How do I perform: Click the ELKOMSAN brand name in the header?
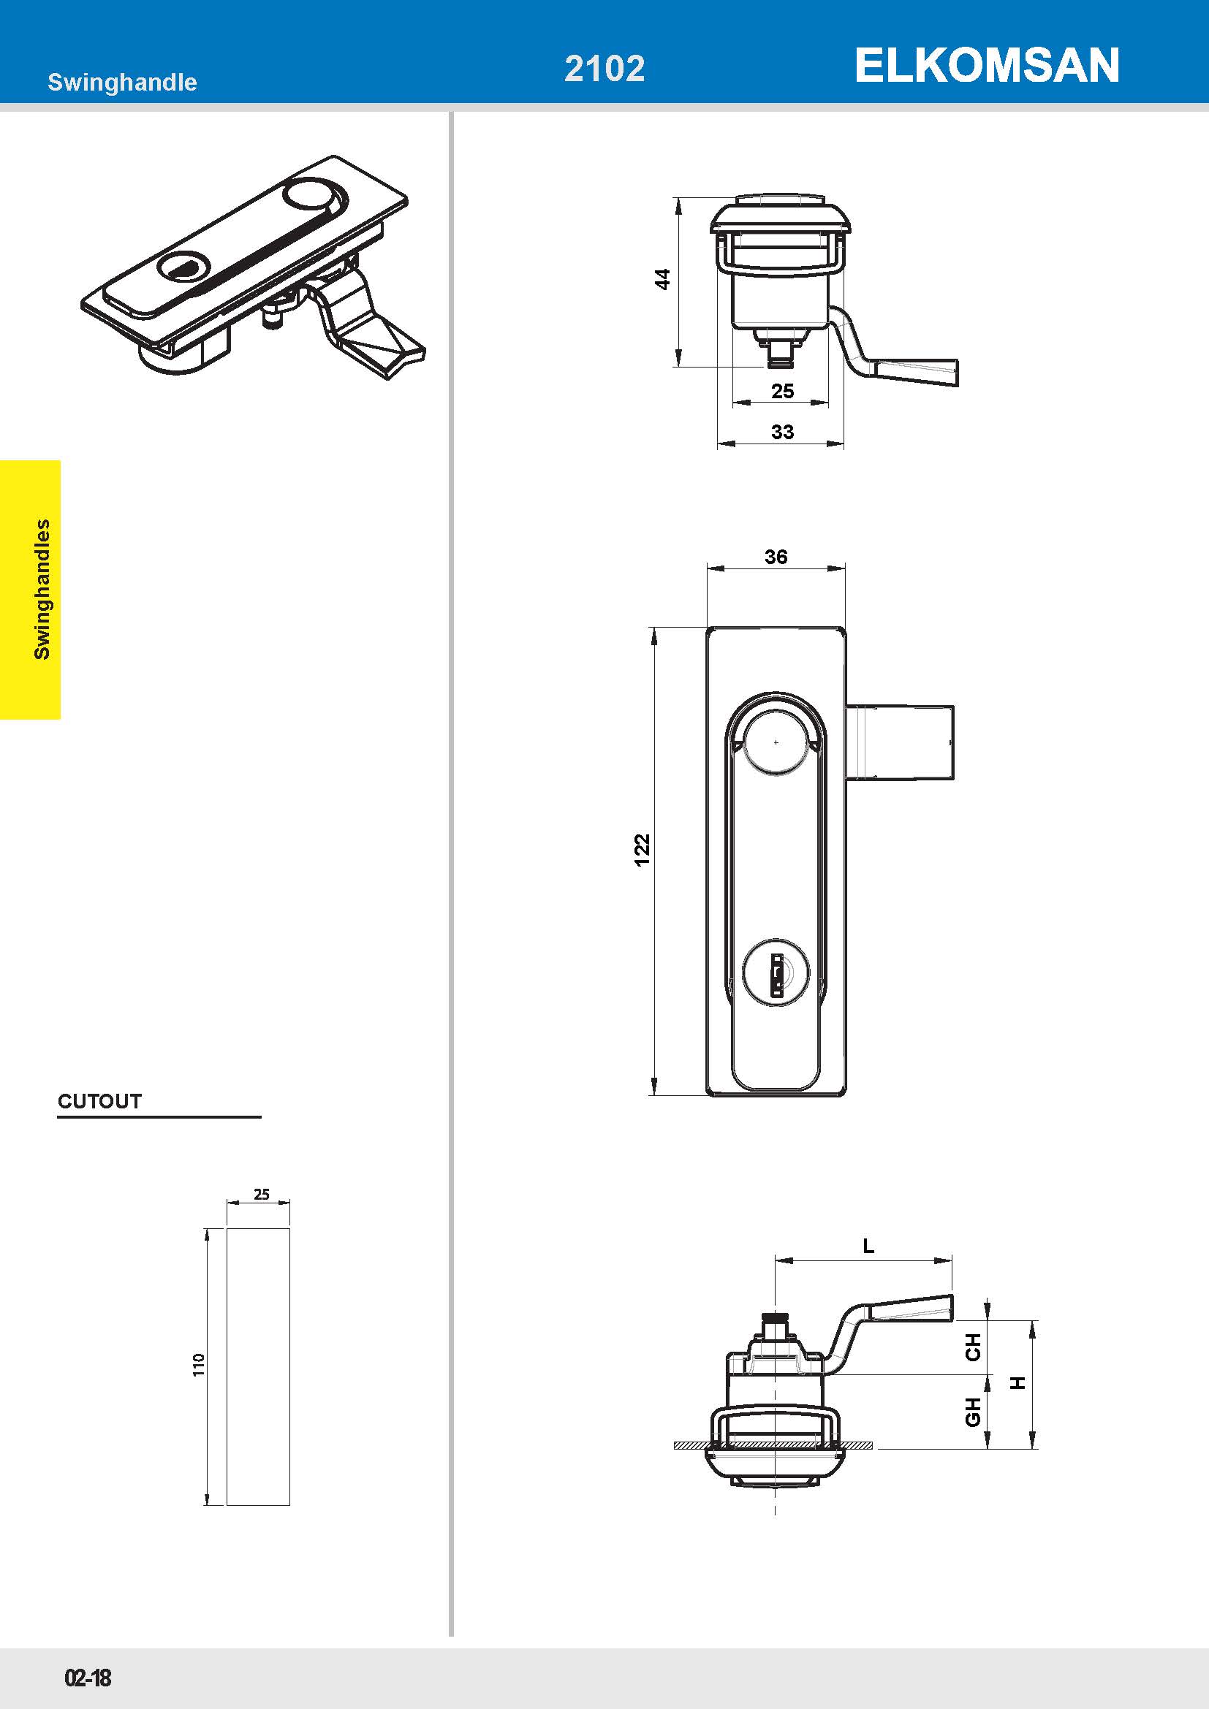[x=986, y=66]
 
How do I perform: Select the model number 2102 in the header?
[x=604, y=69]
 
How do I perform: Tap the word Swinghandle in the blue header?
[x=122, y=82]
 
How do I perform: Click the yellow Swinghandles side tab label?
[x=42, y=589]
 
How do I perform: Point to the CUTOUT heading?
[x=99, y=1101]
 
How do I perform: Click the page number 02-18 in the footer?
[x=88, y=1678]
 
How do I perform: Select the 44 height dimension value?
[x=662, y=279]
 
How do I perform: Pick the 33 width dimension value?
[x=781, y=432]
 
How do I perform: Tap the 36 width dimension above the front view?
[x=776, y=556]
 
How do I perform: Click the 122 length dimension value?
[x=642, y=849]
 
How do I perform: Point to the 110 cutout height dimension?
[x=198, y=1364]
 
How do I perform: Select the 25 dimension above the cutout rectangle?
[x=261, y=1194]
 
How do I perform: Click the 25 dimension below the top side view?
[x=781, y=391]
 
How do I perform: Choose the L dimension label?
[x=868, y=1246]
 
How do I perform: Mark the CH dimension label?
[x=972, y=1347]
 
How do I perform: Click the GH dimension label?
[x=972, y=1412]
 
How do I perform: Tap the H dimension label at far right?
[x=1017, y=1382]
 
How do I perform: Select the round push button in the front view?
[x=776, y=742]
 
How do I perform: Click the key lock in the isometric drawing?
[x=179, y=267]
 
